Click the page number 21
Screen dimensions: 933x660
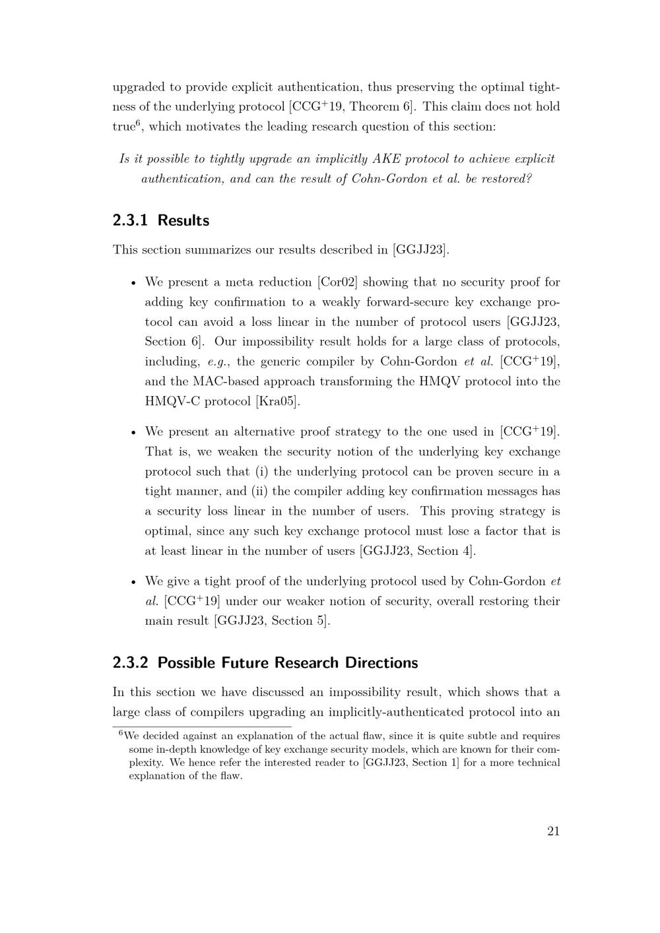point(553,831)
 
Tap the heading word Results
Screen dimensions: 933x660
point(183,220)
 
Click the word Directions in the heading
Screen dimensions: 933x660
point(381,662)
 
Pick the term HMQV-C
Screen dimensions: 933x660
point(172,401)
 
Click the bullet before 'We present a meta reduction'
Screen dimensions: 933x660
point(133,283)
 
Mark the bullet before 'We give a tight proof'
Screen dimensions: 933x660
point(133,582)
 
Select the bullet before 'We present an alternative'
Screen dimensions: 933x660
point(133,433)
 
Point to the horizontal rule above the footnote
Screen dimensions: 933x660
point(201,726)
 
